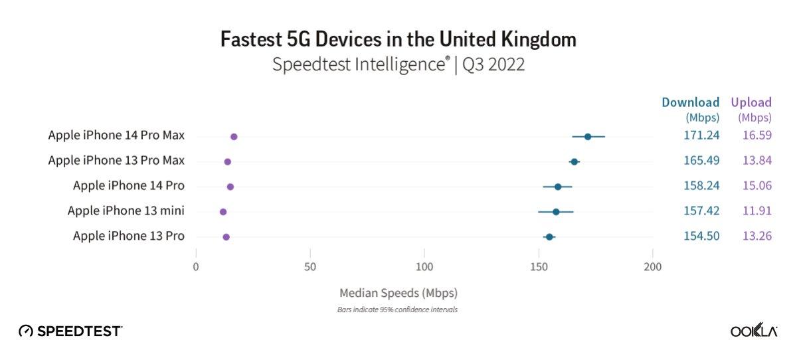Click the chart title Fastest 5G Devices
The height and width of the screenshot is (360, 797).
click(x=398, y=39)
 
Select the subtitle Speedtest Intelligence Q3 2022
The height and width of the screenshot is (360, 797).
click(x=398, y=65)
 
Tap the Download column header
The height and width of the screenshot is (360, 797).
click(x=690, y=103)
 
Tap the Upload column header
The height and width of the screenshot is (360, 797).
click(x=751, y=103)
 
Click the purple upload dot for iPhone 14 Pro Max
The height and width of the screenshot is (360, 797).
click(x=234, y=137)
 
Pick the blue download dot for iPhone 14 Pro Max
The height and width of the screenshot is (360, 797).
click(x=588, y=137)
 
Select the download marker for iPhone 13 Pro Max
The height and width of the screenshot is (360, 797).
click(x=575, y=161)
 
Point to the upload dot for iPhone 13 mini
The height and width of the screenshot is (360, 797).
click(x=223, y=212)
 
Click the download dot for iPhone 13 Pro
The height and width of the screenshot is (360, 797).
click(x=549, y=236)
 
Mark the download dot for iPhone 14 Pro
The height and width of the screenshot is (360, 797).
click(x=558, y=187)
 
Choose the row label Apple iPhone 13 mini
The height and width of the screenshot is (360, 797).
click(x=126, y=211)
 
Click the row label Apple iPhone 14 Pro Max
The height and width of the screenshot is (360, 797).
click(x=116, y=135)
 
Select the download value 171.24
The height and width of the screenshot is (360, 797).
click(x=701, y=135)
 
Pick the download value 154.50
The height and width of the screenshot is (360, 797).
click(x=701, y=236)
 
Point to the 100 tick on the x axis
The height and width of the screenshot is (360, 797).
click(x=424, y=267)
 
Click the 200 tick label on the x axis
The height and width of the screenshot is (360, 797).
click(x=653, y=267)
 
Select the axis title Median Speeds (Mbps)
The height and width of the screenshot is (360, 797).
click(x=398, y=292)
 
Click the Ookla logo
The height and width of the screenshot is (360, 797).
click(x=754, y=331)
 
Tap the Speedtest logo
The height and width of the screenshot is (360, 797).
click(x=70, y=331)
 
